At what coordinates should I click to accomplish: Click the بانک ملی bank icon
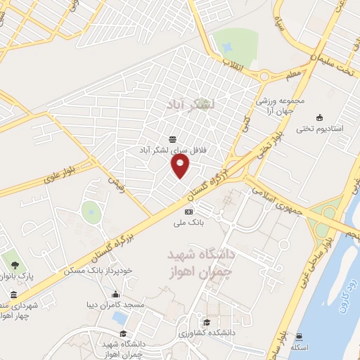pyautogui.click(x=188, y=212)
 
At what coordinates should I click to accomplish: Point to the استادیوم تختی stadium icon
pyautogui.click(x=320, y=117)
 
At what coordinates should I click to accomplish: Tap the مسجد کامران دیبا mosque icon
pyautogui.click(x=116, y=295)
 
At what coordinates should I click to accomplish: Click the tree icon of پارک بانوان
pyautogui.click(x=15, y=264)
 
